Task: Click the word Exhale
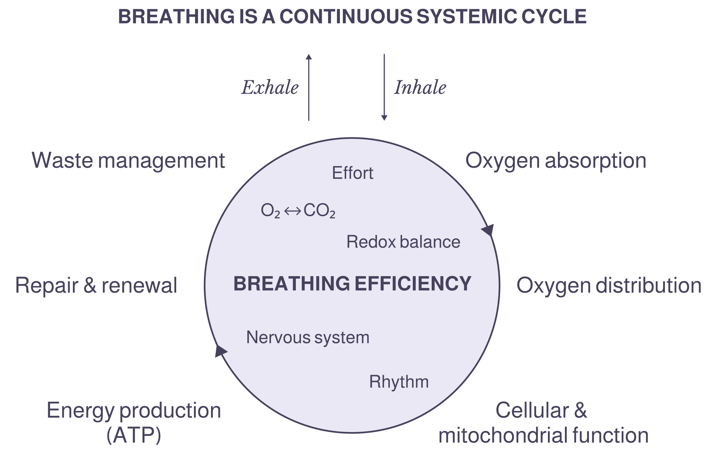pos(270,88)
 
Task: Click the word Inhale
pos(420,88)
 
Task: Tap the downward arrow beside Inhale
pos(384,87)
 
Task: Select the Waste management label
pos(128,160)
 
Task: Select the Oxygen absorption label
pos(556,160)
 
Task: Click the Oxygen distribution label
pos(609,285)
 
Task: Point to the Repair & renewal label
pos(96,285)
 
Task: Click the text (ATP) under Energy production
pos(134,435)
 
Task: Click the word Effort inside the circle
pos(352,173)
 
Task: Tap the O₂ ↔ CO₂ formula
pos(298,211)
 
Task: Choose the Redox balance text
pos(403,242)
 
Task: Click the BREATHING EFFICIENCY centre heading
pos(352,284)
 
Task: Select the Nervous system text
pos(308,337)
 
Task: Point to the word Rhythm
pos(399,382)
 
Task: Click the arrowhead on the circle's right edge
pos(488,230)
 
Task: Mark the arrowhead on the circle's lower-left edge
pos(221,351)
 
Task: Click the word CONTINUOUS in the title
pos(345,17)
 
